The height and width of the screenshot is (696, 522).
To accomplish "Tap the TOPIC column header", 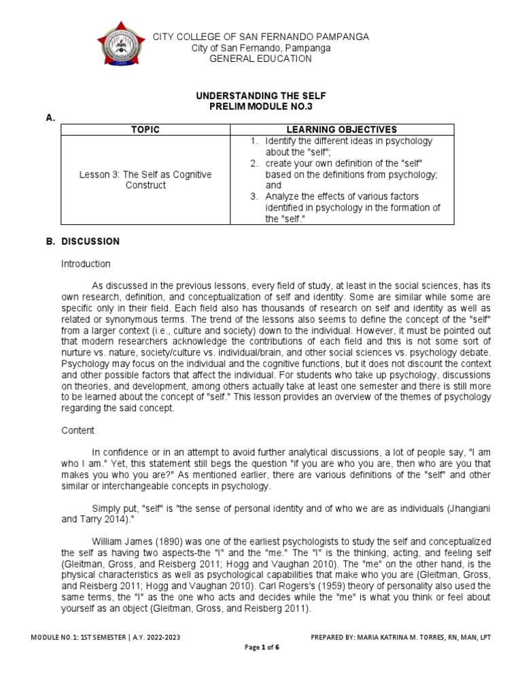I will tap(145, 129).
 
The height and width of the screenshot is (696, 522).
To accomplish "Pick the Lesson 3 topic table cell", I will tap(145, 180).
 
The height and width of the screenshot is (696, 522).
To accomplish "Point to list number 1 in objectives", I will tap(254, 141).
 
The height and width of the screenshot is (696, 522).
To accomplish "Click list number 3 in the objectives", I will tap(254, 197).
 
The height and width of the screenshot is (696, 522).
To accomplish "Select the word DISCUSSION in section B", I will tap(90, 241).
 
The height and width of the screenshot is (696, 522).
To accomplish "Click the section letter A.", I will tap(49, 118).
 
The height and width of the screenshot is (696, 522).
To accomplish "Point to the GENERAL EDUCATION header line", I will tap(261, 59).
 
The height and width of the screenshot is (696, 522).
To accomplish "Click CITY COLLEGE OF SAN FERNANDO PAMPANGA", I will tap(261, 36).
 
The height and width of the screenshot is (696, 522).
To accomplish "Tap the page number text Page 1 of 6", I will tap(262, 648).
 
